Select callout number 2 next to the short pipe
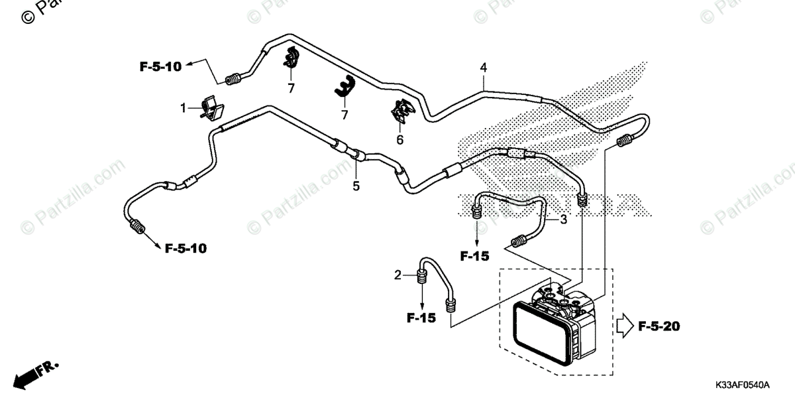point(397,275)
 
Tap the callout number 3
point(563,220)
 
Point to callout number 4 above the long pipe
point(484,68)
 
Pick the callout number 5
point(356,186)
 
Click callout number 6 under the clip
point(399,140)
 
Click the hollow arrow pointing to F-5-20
point(623,326)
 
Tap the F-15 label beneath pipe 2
point(421,318)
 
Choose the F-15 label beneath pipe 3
point(475,255)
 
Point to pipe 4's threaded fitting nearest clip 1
point(232,81)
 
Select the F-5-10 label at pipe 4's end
point(160,66)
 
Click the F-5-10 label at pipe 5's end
point(185,249)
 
